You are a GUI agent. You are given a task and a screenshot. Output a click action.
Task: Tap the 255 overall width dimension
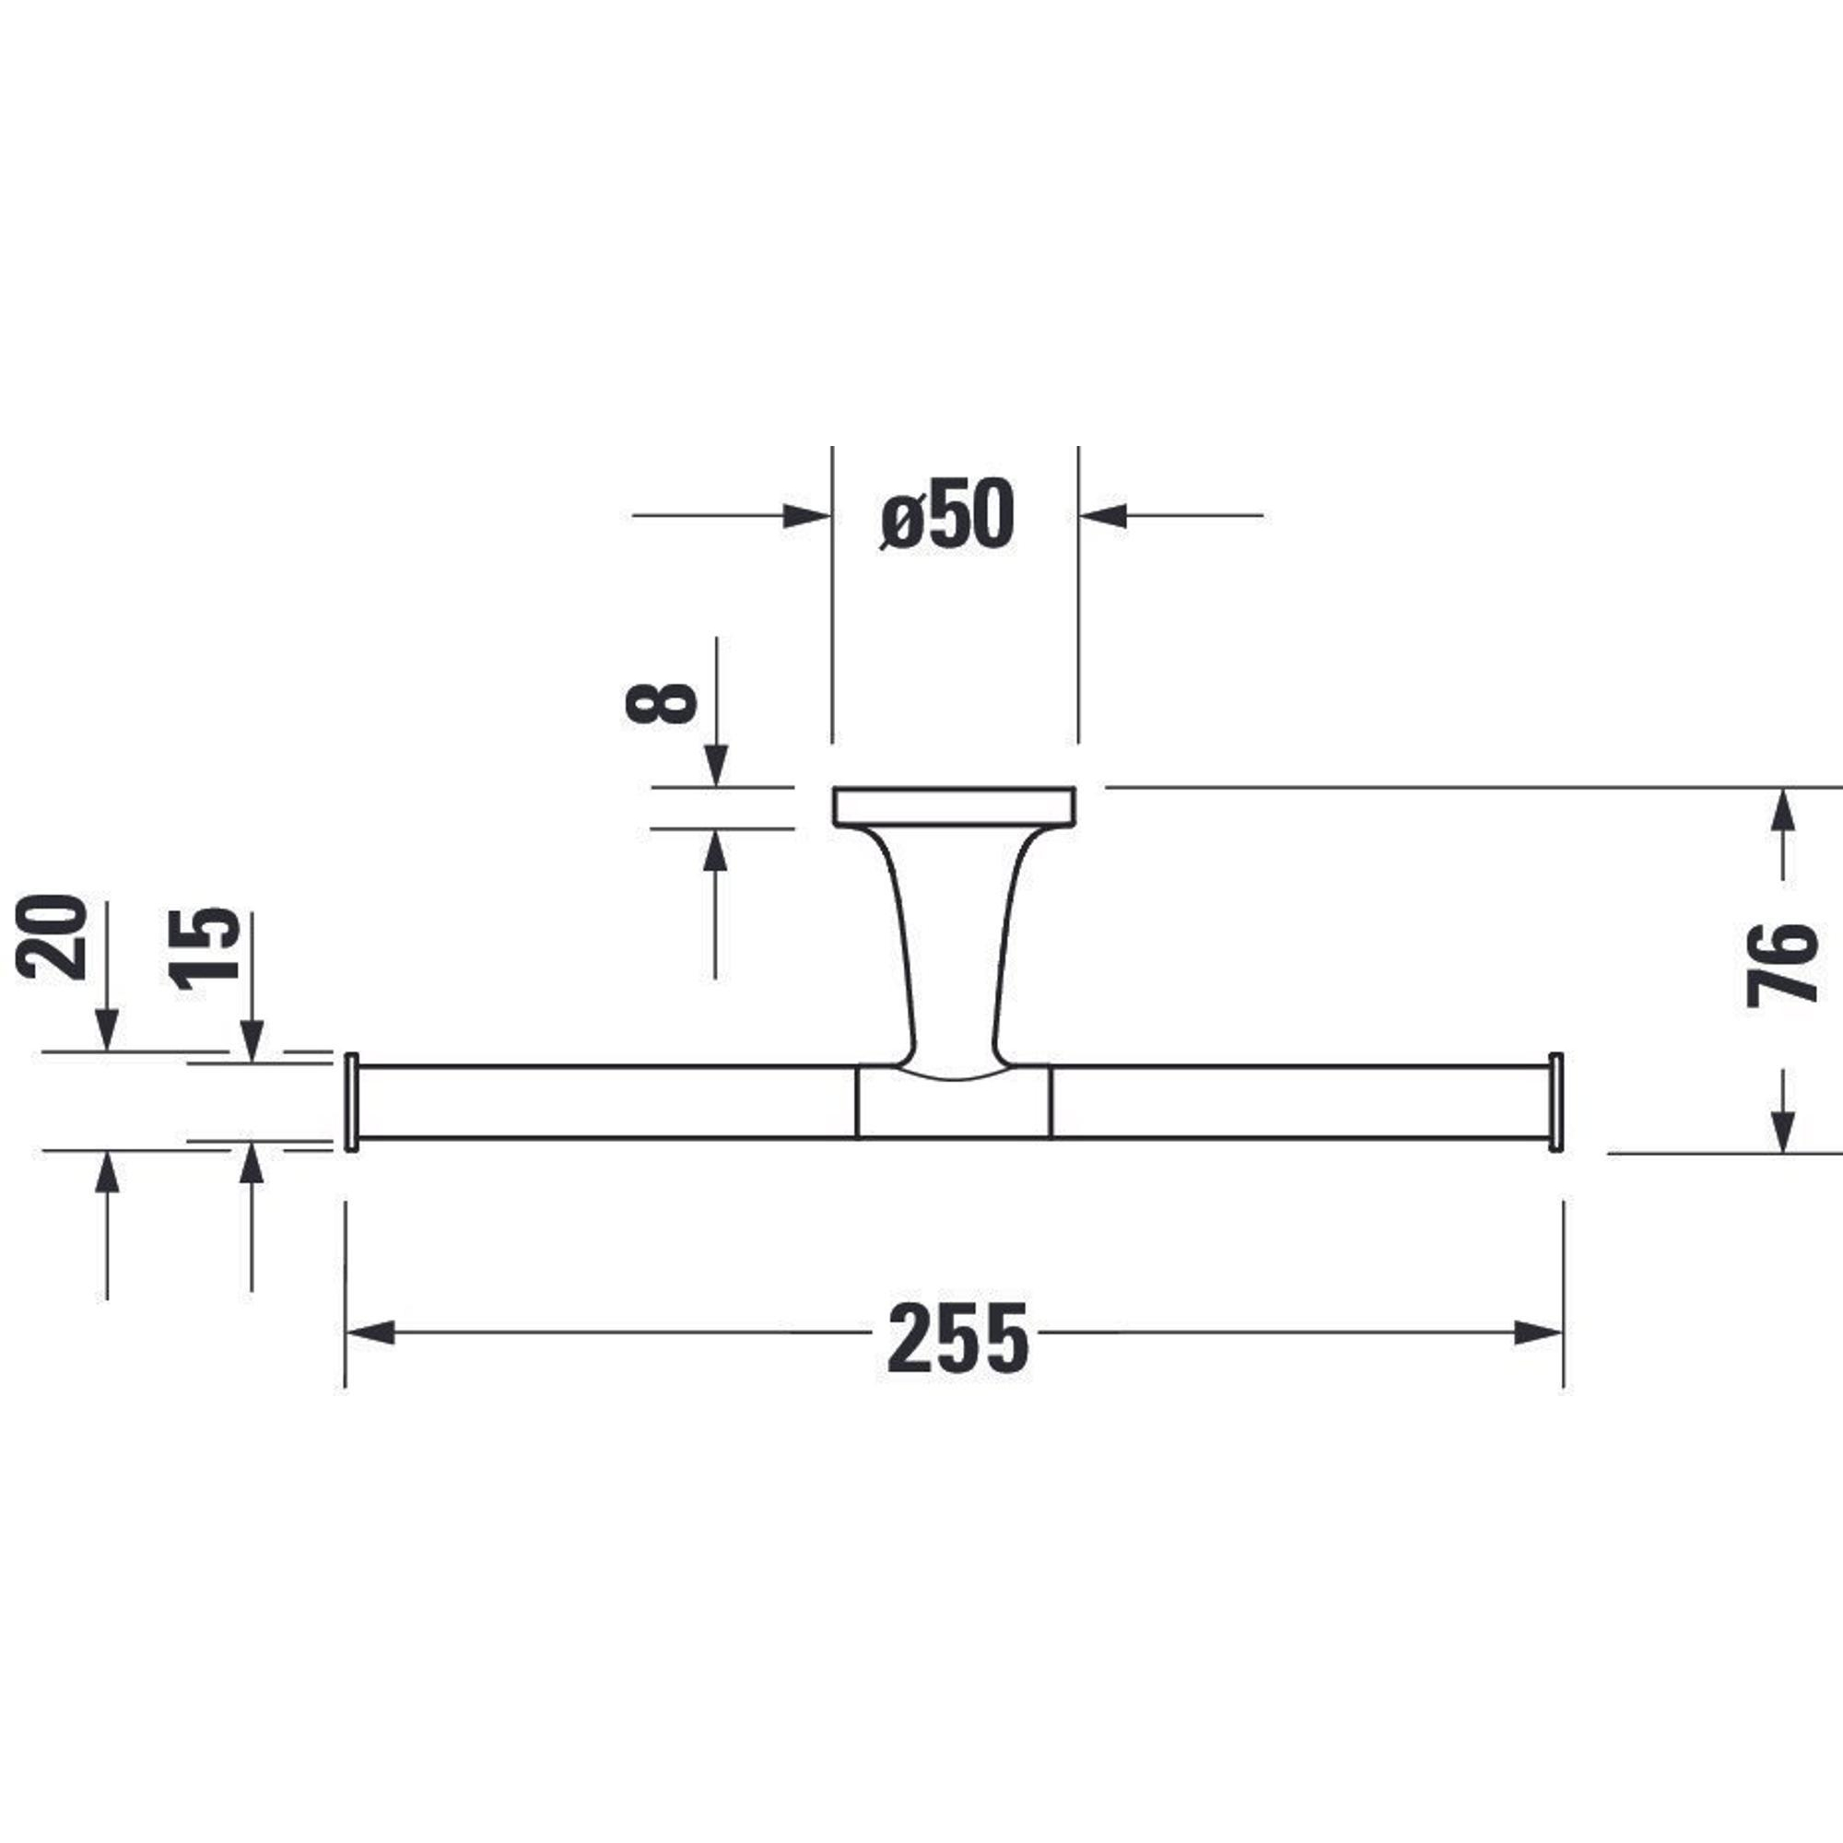(957, 1338)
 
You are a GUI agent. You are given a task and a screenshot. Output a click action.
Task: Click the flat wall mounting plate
(955, 806)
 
